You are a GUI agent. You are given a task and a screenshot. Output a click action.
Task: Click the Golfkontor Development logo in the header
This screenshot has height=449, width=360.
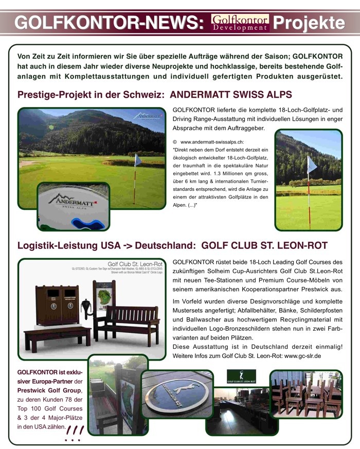(240, 23)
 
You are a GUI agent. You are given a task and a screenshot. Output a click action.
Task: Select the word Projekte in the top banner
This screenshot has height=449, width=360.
(309, 23)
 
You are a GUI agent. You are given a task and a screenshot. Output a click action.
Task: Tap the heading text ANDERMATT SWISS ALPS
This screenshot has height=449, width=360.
(231, 95)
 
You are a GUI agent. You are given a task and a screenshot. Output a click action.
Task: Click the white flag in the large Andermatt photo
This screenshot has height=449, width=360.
(138, 160)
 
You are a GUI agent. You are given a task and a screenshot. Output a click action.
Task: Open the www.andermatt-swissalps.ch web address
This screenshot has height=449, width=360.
(212, 141)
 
